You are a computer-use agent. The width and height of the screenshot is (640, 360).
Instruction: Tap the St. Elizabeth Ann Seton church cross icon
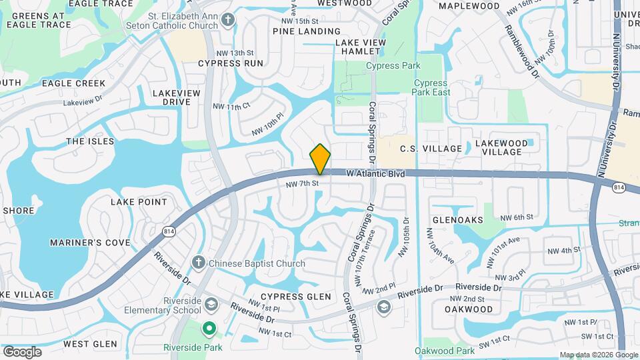pos(229,19)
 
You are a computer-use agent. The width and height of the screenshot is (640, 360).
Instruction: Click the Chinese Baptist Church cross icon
pos(199,263)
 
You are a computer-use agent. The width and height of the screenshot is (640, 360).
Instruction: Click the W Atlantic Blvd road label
pos(375,174)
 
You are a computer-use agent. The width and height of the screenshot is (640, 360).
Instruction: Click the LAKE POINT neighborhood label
pos(139,201)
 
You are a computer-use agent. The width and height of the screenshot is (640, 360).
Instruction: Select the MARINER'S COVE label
pos(90,243)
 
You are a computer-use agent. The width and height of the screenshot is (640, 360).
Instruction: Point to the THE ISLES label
pos(90,141)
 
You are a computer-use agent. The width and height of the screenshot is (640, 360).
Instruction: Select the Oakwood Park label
pos(445,351)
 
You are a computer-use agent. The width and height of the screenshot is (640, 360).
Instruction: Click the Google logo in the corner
pos(22,351)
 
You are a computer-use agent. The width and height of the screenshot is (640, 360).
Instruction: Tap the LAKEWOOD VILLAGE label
pos(502,147)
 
